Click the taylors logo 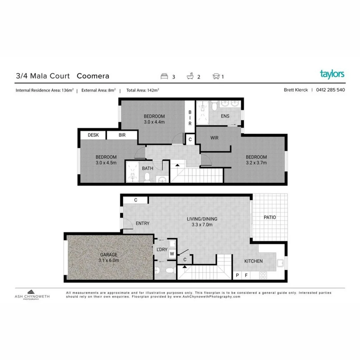[x=332, y=74]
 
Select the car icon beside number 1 [x=216, y=76]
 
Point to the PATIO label [x=270, y=217]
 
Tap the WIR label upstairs [x=214, y=138]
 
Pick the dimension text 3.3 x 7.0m [x=202, y=224]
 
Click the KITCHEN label [x=254, y=261]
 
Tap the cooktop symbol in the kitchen [x=263, y=275]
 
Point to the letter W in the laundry [x=172, y=254]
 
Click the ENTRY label [x=143, y=223]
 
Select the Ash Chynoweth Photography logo [x=32, y=294]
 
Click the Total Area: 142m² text [x=143, y=90]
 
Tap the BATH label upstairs [x=148, y=168]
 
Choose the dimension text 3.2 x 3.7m [x=256, y=163]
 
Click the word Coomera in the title [x=93, y=76]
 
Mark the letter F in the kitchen [x=246, y=275]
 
